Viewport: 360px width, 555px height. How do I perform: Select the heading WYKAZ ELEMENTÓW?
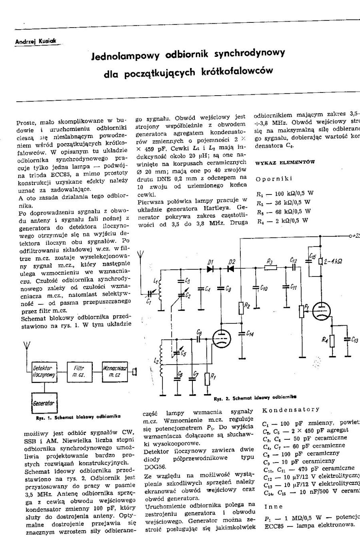(x=285, y=162)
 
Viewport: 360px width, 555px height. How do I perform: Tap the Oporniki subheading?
(x=274, y=179)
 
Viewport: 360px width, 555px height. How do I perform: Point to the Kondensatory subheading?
(x=290, y=409)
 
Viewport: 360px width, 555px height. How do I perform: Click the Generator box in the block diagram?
(x=43, y=403)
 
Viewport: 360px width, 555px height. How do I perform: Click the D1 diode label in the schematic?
(x=210, y=262)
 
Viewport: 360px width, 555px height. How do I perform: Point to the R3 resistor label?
(x=269, y=262)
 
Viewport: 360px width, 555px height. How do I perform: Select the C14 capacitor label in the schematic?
(x=250, y=333)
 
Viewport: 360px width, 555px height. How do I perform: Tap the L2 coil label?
(x=156, y=360)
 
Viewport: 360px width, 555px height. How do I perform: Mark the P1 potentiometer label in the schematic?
(x=306, y=307)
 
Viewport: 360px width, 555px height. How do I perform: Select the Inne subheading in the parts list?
(x=273, y=507)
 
